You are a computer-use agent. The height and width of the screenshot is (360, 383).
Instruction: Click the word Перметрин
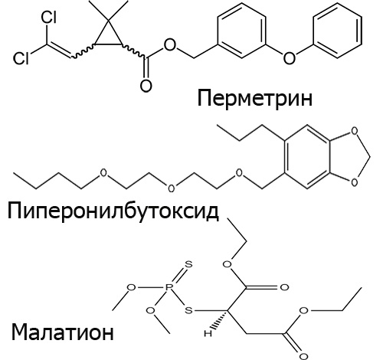254,99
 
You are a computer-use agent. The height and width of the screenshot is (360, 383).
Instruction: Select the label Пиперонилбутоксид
113,211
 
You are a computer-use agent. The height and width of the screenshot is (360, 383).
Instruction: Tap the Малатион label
62,332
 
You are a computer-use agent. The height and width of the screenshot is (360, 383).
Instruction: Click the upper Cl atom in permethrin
49,18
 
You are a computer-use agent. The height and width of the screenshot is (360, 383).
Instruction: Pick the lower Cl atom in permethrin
21,58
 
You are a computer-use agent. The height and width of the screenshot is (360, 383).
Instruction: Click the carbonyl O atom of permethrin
146,86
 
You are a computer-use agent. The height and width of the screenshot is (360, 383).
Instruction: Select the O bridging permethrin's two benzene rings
289,57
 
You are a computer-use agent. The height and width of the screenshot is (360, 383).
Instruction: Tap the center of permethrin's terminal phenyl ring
338,31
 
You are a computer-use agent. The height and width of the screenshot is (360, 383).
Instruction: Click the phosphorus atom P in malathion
168,287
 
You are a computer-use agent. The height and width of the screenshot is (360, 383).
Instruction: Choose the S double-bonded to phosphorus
188,264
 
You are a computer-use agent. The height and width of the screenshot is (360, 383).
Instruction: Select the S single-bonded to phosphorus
188,310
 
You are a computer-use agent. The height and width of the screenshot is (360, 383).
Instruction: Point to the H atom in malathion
208,333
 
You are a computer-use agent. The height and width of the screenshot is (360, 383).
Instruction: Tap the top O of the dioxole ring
355,131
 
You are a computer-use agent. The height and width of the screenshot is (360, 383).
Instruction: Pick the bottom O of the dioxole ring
355,182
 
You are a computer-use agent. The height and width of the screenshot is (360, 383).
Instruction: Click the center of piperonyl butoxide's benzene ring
307,157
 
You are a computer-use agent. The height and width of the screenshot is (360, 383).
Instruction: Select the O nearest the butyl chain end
103,173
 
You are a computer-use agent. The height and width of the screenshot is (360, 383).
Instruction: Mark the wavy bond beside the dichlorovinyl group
82,51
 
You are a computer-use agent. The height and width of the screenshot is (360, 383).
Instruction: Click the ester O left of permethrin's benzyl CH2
170,45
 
